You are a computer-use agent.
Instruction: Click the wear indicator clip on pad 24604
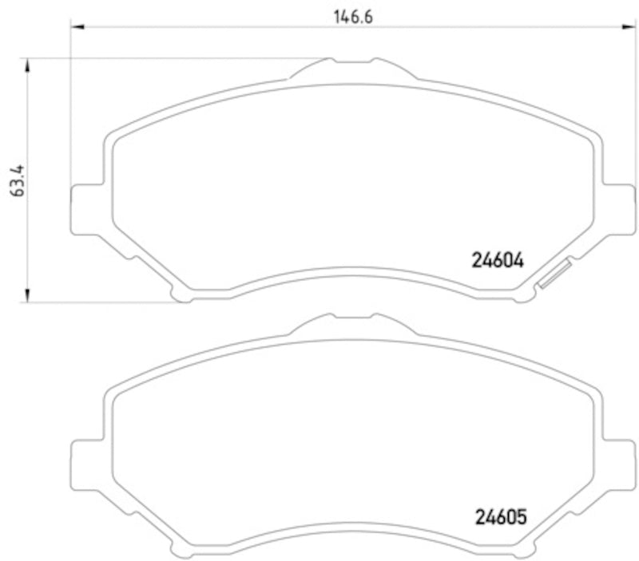pos(554,274)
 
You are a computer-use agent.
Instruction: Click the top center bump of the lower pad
pos(352,323)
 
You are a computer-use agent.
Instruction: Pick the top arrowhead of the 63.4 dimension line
pos(30,63)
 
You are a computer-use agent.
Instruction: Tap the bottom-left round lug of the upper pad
pos(183,295)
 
